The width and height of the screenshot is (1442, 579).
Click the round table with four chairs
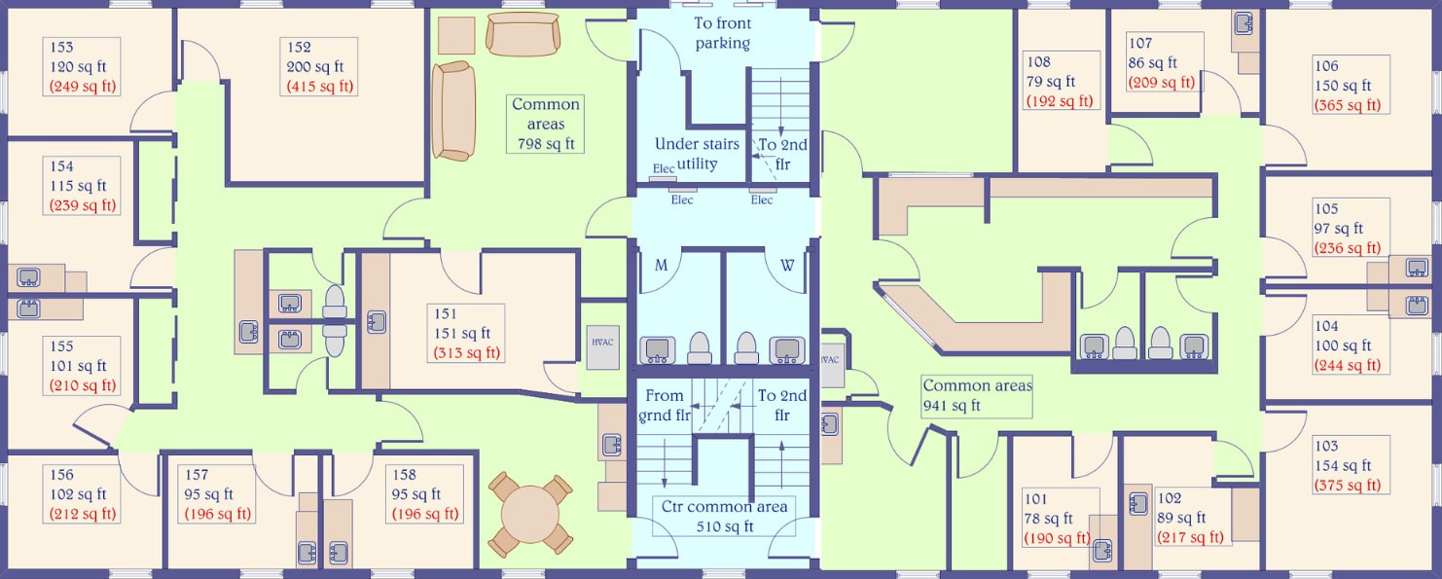click(x=530, y=513)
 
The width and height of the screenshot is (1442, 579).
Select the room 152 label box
click(x=320, y=66)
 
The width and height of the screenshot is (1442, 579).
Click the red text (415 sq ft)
click(x=320, y=87)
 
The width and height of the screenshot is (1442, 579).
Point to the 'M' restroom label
click(x=661, y=265)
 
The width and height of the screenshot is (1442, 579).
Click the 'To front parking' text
click(x=722, y=33)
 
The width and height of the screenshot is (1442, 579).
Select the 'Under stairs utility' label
click(x=697, y=154)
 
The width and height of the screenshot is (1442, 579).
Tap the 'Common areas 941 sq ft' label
click(x=977, y=396)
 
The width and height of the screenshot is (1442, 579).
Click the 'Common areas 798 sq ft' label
click(x=546, y=124)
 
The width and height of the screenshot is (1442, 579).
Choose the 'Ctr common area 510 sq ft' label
click(x=723, y=517)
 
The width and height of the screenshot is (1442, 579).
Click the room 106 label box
click(x=1349, y=86)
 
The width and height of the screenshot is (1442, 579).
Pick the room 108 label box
click(x=1060, y=82)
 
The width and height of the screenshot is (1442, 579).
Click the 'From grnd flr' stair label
click(x=665, y=406)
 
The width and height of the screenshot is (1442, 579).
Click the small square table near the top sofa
click(x=455, y=35)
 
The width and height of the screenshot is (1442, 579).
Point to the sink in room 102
click(x=1139, y=504)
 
